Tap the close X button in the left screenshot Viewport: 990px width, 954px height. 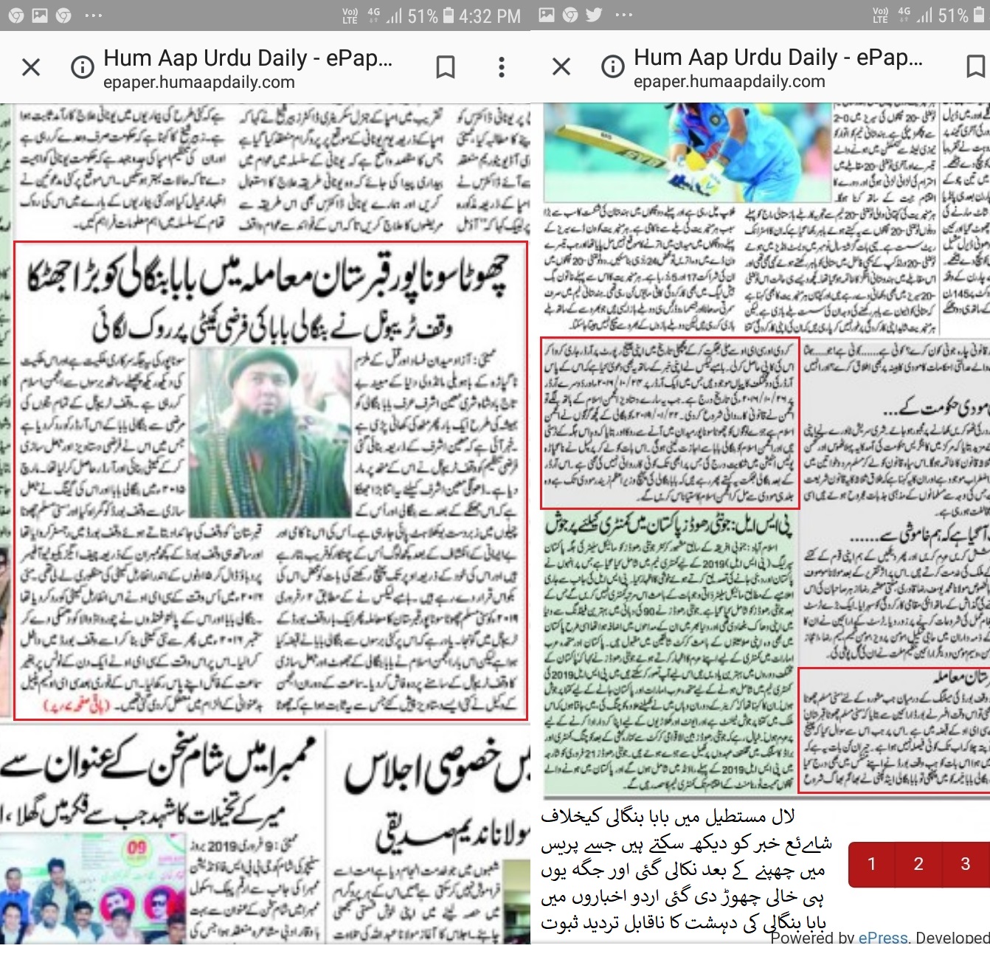(x=31, y=68)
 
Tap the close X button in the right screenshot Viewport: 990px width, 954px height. (x=561, y=67)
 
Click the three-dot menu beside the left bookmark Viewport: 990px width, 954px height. (x=502, y=68)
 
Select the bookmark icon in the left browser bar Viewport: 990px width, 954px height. (x=446, y=68)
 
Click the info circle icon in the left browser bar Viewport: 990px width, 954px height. (x=82, y=68)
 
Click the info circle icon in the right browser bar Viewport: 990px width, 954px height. (x=612, y=67)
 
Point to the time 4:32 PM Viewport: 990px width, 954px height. (x=489, y=16)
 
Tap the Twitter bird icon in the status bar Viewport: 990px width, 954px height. (x=594, y=15)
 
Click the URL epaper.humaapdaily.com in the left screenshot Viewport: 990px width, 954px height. (x=199, y=83)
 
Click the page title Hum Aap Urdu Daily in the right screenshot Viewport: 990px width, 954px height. (x=778, y=57)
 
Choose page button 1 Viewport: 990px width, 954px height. (x=872, y=864)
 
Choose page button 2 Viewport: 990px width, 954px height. (x=918, y=864)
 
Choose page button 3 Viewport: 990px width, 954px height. (x=965, y=864)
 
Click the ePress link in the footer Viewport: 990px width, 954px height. (x=883, y=938)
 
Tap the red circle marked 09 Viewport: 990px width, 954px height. (x=137, y=848)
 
